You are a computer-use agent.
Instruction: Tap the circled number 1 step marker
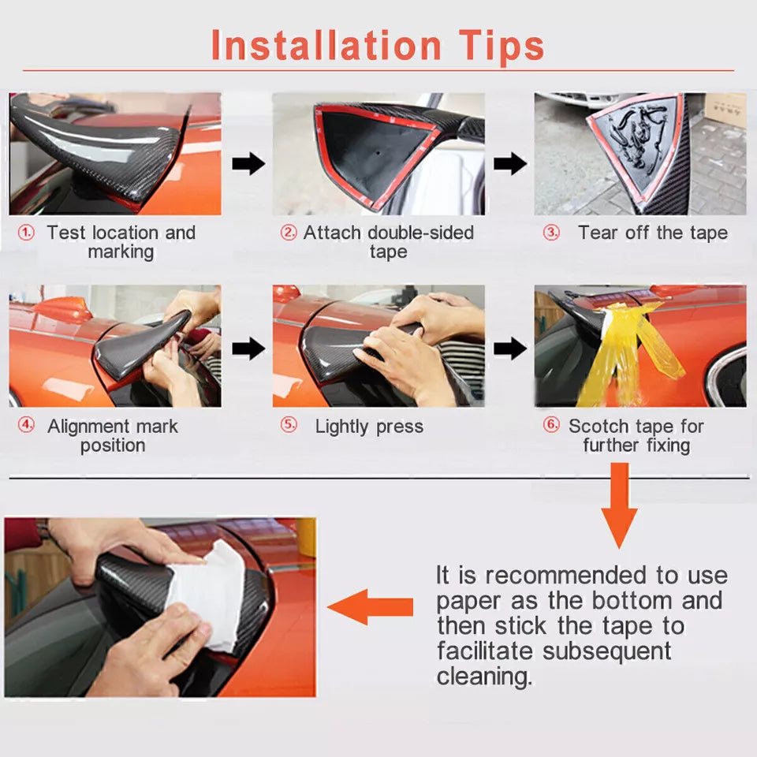[x=27, y=233]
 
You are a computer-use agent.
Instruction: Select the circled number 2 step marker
[x=289, y=233]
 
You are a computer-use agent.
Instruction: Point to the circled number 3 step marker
[x=551, y=233]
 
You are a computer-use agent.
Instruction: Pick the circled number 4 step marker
[x=27, y=425]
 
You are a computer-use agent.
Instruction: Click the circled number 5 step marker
[x=289, y=425]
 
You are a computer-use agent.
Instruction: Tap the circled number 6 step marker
[x=551, y=425]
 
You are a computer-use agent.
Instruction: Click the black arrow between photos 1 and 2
[x=248, y=164]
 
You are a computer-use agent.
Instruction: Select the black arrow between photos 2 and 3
[x=509, y=164]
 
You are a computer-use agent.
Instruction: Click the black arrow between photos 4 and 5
[x=248, y=347]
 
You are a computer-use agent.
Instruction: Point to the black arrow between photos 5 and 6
[x=509, y=347]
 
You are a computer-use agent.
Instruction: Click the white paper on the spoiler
[x=203, y=593]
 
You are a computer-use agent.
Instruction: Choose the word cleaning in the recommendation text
[x=483, y=677]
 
